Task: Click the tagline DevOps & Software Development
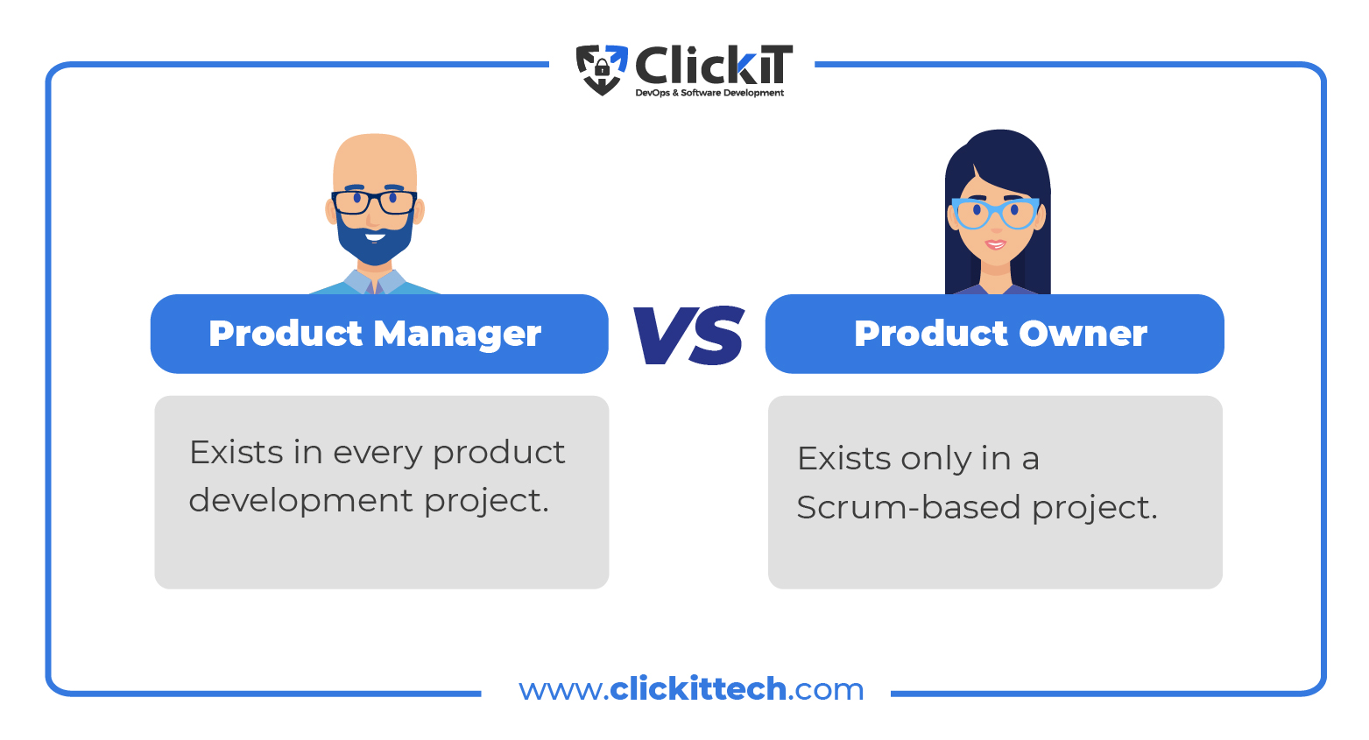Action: coord(709,93)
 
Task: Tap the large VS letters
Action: coord(688,335)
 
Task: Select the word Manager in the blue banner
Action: coord(457,335)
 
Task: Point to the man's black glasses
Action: coord(374,202)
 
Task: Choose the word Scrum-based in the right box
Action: coord(909,507)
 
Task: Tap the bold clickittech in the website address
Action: coord(698,689)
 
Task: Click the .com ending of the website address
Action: coord(826,690)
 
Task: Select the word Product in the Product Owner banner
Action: coord(931,334)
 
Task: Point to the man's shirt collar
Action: coord(374,282)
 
